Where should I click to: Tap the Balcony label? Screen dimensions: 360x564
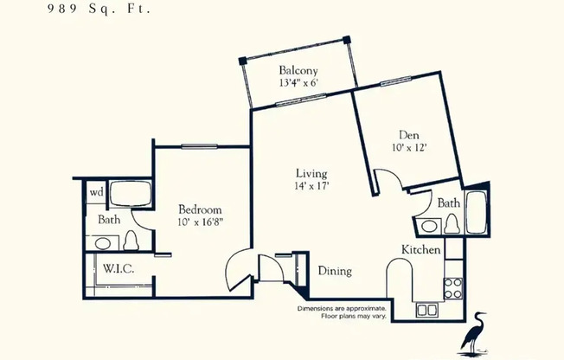tap(298, 71)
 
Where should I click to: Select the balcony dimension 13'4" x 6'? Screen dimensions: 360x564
tap(298, 84)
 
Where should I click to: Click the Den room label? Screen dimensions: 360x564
tap(408, 135)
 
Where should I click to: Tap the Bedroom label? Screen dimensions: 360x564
tap(200, 209)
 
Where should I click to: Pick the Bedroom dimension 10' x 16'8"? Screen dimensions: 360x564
tap(200, 223)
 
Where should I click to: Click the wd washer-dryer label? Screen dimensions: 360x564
tap(96, 193)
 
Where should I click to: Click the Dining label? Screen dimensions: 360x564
tap(334, 271)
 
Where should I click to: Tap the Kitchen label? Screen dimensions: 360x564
tap(421, 250)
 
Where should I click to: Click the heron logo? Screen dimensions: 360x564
tap(473, 333)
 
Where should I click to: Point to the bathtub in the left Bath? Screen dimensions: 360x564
tap(131, 195)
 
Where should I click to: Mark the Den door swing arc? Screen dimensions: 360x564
tap(388, 180)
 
